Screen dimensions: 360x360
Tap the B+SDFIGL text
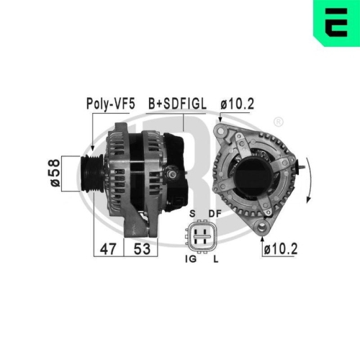pyautogui.click(x=176, y=103)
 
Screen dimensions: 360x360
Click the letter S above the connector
pyautogui.click(x=192, y=214)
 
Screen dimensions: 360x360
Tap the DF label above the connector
pyautogui.click(x=214, y=214)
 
